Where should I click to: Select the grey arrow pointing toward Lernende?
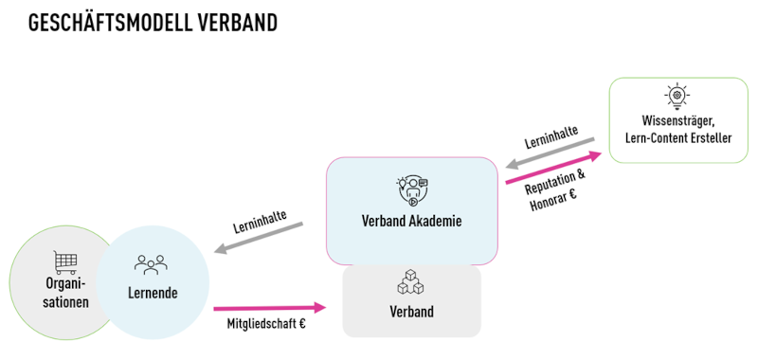(258, 238)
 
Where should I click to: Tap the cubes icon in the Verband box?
(411, 282)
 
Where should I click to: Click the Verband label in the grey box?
(411, 311)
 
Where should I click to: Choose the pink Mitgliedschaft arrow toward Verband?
(269, 307)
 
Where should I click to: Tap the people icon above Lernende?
(151, 265)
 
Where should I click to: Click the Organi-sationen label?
(65, 294)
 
